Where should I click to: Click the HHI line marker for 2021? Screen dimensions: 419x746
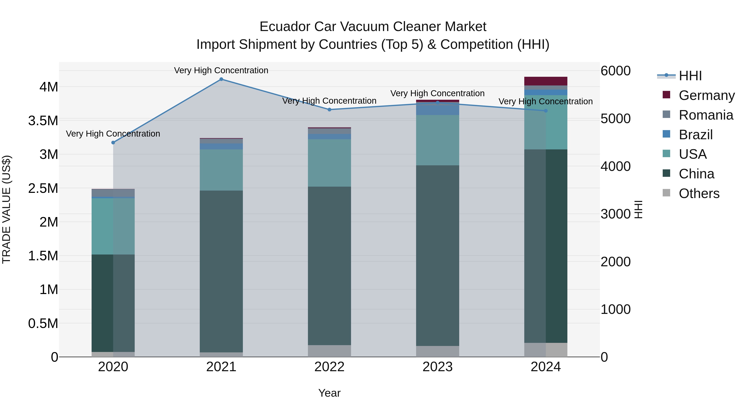click(x=221, y=79)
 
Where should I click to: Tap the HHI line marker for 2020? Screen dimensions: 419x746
click(x=113, y=143)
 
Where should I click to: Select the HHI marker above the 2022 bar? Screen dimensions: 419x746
click(x=329, y=110)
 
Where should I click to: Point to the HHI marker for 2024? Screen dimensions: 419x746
click(x=546, y=111)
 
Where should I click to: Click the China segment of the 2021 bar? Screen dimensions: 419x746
click(x=221, y=271)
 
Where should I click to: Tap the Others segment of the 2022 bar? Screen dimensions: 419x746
click(x=329, y=351)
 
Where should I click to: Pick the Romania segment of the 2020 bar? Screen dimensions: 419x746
click(x=113, y=193)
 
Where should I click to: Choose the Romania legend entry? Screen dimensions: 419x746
click(x=706, y=115)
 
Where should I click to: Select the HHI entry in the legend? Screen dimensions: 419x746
click(x=690, y=76)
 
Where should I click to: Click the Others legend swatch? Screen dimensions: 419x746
click(x=666, y=193)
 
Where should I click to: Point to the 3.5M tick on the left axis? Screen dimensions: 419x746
click(x=43, y=121)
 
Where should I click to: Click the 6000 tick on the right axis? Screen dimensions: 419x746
click(x=615, y=71)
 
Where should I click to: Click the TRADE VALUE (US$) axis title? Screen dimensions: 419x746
click(x=6, y=209)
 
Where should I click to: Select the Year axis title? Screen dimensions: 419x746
click(x=329, y=393)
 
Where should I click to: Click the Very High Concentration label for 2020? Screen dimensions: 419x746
click(x=113, y=134)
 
